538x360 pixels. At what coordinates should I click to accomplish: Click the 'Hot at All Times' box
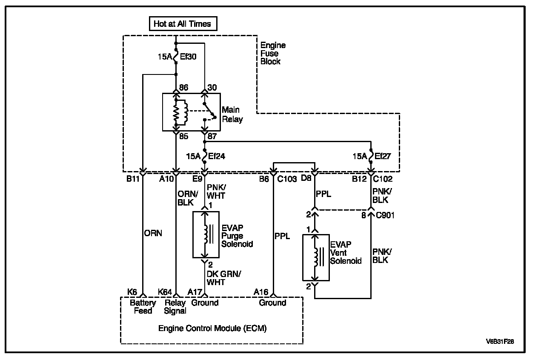[183, 23]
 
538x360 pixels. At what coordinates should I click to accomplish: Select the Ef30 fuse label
[188, 57]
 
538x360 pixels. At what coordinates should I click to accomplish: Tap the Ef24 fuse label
[217, 156]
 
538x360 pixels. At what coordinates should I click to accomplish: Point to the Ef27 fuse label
[383, 156]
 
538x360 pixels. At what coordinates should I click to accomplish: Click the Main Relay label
[232, 114]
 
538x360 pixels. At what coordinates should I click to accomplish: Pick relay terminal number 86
[184, 87]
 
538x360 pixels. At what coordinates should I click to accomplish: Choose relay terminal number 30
[212, 87]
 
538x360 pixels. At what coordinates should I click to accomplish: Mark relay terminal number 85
[184, 137]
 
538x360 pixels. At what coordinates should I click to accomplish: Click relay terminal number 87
[212, 137]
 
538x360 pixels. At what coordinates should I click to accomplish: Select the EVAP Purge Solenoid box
[206, 234]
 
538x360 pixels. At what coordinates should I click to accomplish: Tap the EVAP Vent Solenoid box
[316, 258]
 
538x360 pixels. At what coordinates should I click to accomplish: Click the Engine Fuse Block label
[273, 53]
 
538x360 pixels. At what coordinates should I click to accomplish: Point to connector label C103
[287, 179]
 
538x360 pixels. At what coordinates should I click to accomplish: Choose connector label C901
[385, 215]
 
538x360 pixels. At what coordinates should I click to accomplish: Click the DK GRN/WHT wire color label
[224, 278]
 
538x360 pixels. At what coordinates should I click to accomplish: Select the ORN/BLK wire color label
[188, 198]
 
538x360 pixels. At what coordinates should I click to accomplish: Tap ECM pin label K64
[165, 292]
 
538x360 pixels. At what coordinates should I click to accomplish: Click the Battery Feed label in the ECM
[143, 307]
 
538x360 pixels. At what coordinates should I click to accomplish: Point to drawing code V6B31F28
[500, 342]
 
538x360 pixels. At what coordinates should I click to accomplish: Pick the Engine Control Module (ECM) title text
[212, 329]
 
